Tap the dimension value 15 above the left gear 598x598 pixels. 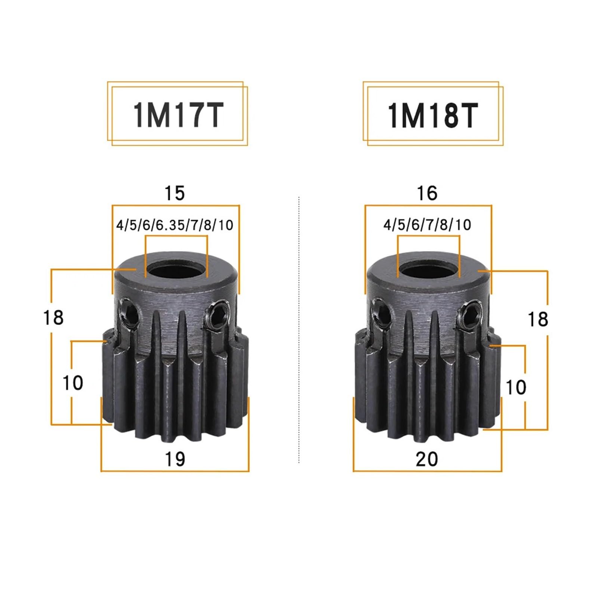(x=175, y=193)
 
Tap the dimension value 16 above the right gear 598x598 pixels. (x=427, y=193)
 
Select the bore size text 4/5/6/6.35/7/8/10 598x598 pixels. (x=175, y=225)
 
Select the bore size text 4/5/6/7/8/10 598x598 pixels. (x=427, y=225)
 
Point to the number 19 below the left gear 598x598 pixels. (x=175, y=459)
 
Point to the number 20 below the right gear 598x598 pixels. (x=427, y=459)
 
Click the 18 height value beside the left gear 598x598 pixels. (x=53, y=318)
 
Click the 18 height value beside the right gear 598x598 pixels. (x=538, y=319)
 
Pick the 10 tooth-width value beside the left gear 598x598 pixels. (x=73, y=383)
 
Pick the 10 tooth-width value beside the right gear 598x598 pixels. (x=516, y=387)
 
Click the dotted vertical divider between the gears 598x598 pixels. (x=299, y=329)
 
